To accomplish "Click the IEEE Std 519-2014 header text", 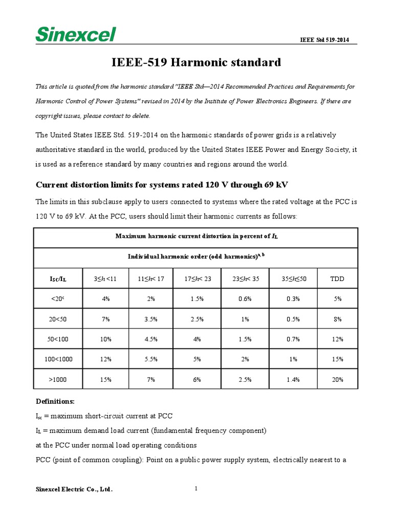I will pyautogui.click(x=324, y=40).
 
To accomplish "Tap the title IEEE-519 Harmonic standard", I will pyautogui.click(x=196, y=62).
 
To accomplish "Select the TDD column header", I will pyautogui.click(x=338, y=279).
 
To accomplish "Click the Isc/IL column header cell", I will pyautogui.click(x=58, y=279).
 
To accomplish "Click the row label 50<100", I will pyautogui.click(x=58, y=339).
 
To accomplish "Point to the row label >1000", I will pyautogui.click(x=58, y=379).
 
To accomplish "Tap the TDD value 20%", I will pyautogui.click(x=338, y=379).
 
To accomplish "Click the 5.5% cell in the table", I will pyautogui.click(x=150, y=359).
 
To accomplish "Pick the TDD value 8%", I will pyautogui.click(x=338, y=319).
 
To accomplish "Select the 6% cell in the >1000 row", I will pyautogui.click(x=196, y=379).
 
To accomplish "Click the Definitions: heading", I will pyautogui.click(x=55, y=400).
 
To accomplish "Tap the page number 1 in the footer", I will pyautogui.click(x=196, y=489).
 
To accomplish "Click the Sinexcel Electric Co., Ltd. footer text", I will pyautogui.click(x=74, y=490).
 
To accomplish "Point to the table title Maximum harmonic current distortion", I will pyautogui.click(x=196, y=236).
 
